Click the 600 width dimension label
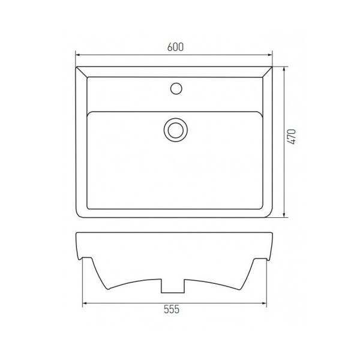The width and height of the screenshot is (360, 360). coord(175,47)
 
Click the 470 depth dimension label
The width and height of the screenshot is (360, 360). coord(292,137)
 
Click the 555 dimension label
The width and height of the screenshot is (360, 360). coord(172,309)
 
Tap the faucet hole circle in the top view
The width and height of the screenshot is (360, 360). coord(176,88)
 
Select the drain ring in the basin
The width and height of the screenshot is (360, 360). coord(176,130)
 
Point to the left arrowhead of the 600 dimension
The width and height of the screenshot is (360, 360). coord(78,55)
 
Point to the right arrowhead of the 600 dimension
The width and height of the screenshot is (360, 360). coord(269,55)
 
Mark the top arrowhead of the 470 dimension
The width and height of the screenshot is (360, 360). coord(284,70)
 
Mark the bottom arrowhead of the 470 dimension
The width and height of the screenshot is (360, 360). coord(284,214)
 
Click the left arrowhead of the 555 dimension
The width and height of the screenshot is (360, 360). coord(85,303)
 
